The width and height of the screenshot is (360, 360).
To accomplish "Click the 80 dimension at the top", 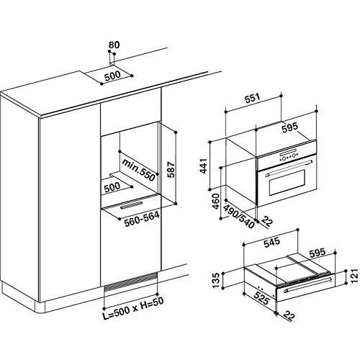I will (x=112, y=45).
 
